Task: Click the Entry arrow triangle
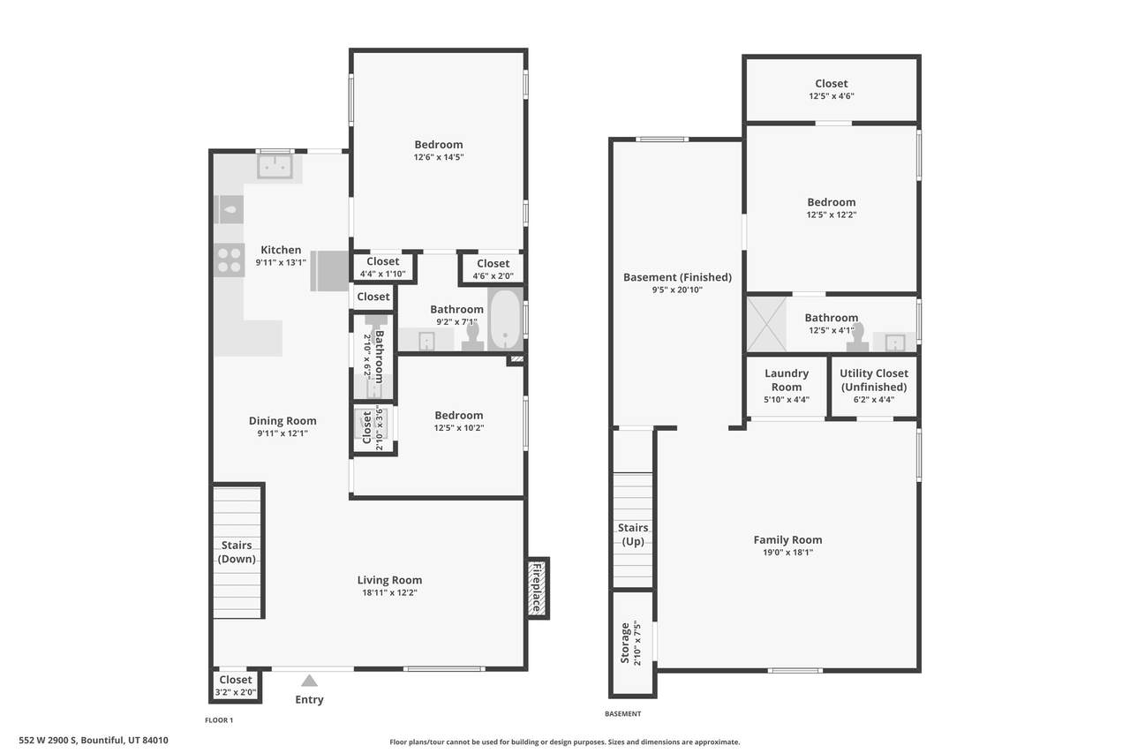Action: (309, 681)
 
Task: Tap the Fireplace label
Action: (537, 588)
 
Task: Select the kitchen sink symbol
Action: (275, 167)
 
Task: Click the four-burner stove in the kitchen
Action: (229, 260)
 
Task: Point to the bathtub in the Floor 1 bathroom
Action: (506, 319)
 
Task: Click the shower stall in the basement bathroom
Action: (766, 324)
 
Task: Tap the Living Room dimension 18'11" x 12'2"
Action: (389, 592)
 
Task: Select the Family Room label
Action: (787, 539)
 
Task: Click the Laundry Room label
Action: (787, 380)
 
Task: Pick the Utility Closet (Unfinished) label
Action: (874, 380)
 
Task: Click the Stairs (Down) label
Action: (237, 552)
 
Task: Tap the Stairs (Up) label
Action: (633, 534)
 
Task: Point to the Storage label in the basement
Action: (625, 643)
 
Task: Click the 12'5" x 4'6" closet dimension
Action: (832, 96)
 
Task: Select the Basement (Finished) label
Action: (677, 277)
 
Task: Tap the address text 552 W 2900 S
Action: (48, 740)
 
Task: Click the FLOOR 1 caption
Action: (219, 719)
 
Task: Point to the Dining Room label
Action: (282, 420)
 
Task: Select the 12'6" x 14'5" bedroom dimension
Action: (439, 157)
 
